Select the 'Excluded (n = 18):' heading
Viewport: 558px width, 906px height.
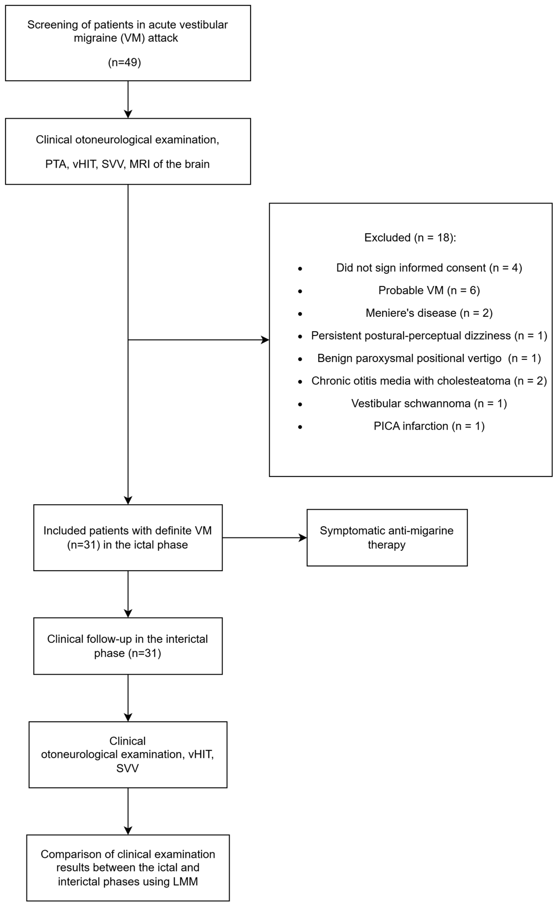click(x=410, y=238)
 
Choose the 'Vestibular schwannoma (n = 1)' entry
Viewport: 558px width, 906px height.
click(x=429, y=403)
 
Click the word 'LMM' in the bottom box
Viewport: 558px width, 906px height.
click(x=185, y=881)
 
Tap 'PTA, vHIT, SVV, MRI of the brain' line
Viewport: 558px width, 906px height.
click(x=127, y=164)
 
